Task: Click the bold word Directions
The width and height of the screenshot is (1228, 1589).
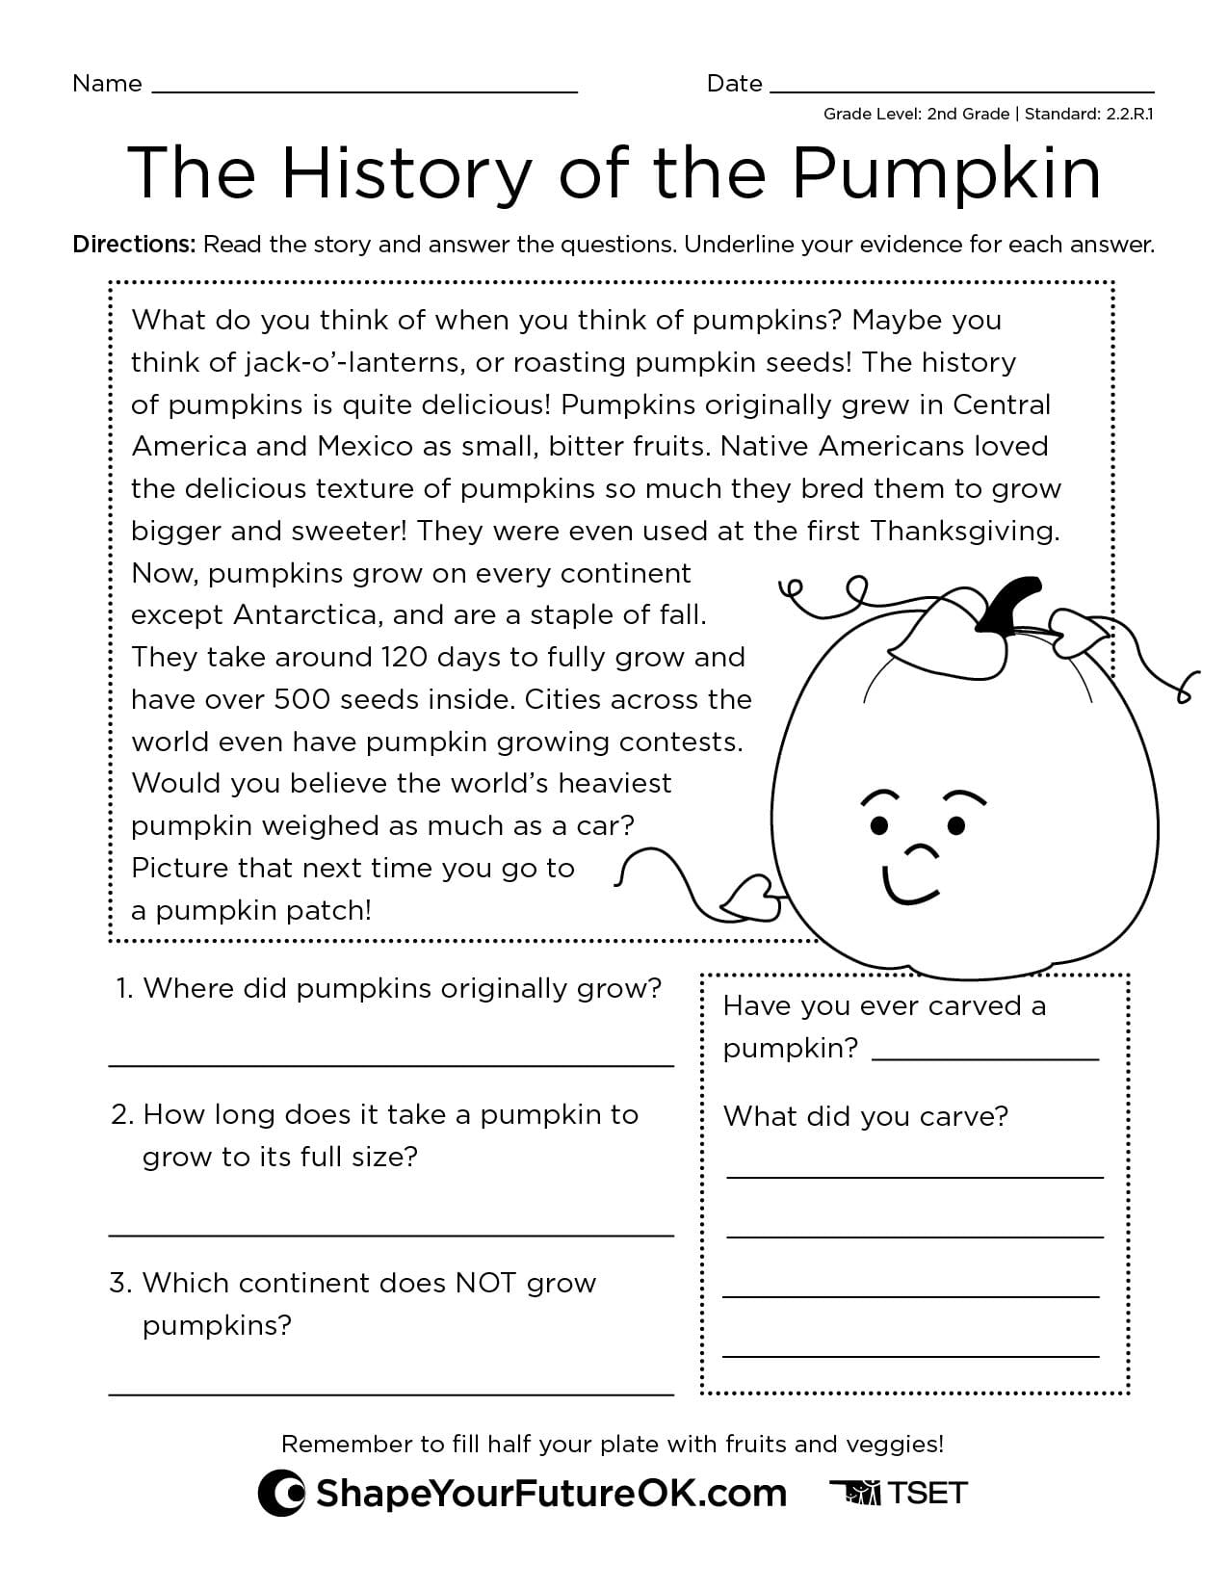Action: (134, 245)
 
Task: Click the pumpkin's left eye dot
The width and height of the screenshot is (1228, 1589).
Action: (879, 825)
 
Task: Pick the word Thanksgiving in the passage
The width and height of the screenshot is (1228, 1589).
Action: (963, 531)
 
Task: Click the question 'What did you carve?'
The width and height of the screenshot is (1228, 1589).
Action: (865, 1116)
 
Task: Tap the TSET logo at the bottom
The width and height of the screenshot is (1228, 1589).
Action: (898, 1493)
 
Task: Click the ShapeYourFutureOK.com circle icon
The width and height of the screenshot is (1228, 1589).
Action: (282, 1494)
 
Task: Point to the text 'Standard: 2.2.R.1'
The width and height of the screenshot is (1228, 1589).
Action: (1088, 114)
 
